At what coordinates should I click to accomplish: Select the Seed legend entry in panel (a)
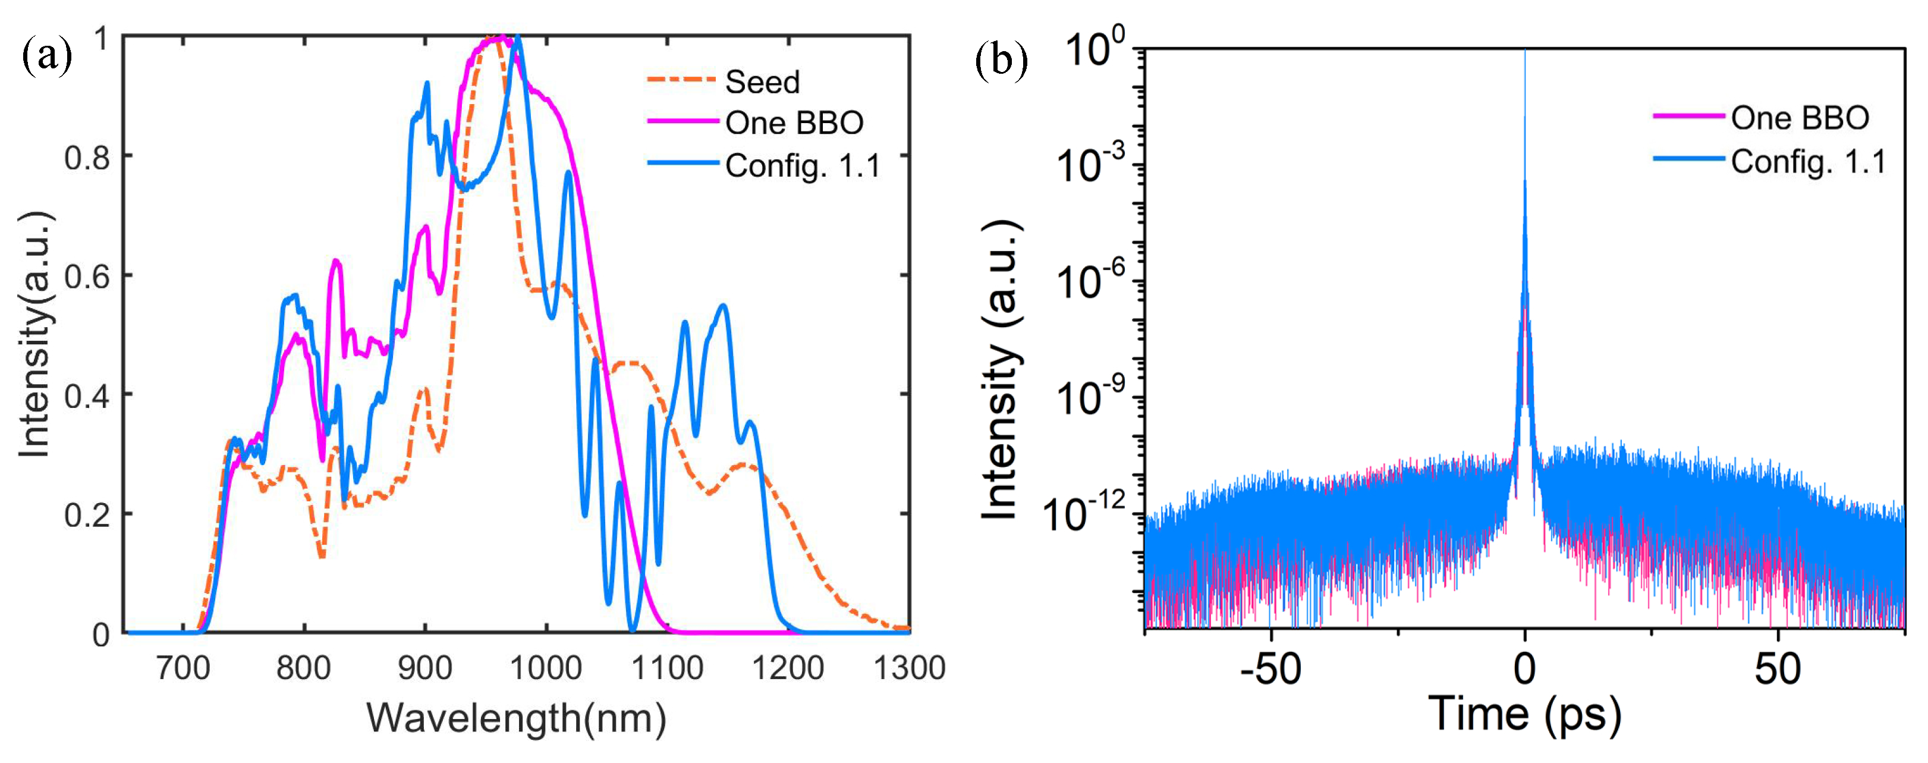point(762,81)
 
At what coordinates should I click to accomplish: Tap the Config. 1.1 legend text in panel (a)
point(803,165)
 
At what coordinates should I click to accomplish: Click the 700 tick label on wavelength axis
point(183,667)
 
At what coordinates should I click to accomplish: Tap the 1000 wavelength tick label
point(546,667)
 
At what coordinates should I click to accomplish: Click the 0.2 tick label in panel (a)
point(87,515)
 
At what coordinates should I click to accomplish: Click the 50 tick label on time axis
point(1778,668)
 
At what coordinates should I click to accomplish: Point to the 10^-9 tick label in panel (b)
point(1090,398)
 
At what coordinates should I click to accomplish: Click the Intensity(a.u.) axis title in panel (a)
point(35,333)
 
